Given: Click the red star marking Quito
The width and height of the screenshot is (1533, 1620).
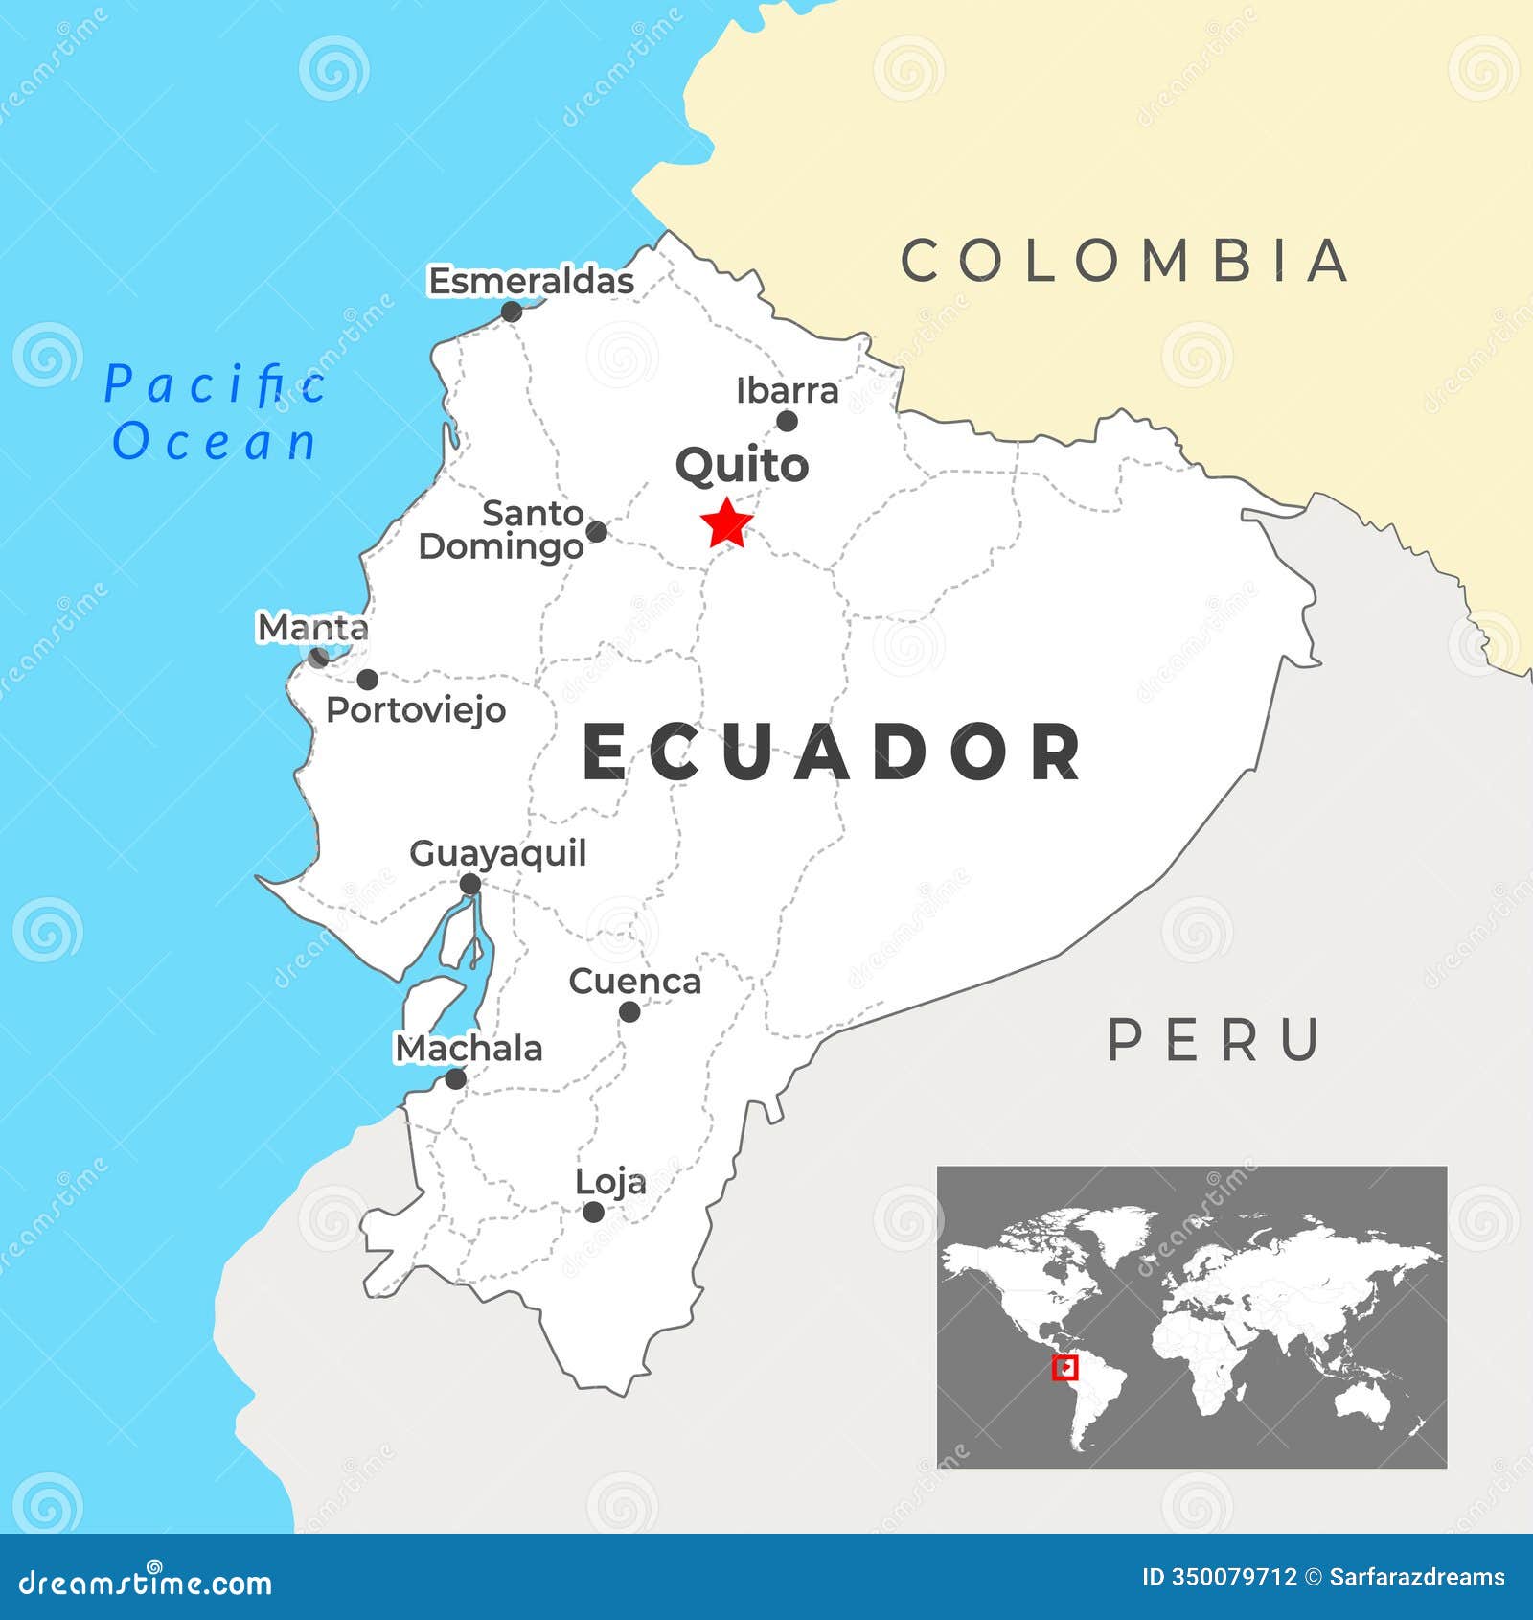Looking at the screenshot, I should [x=726, y=523].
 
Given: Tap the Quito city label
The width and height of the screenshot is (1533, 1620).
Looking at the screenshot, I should [x=742, y=466].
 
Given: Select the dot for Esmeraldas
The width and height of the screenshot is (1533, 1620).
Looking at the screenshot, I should [x=512, y=312].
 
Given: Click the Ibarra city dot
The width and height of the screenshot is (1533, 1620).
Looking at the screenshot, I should [x=787, y=421].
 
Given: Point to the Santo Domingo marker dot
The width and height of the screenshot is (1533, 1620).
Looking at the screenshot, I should [x=596, y=531].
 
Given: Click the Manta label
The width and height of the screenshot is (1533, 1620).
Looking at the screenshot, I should [x=312, y=628].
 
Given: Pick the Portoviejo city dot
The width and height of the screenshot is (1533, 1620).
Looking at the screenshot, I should [x=367, y=680].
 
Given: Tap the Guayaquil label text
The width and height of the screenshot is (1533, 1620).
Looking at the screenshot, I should [x=497, y=853].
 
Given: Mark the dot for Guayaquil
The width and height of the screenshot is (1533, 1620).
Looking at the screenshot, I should [x=469, y=884].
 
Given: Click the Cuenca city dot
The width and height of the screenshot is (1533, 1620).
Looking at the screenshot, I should [x=629, y=1011].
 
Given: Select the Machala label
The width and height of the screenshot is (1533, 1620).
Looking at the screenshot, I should [x=469, y=1049].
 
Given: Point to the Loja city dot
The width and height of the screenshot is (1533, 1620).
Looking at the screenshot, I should [x=594, y=1212].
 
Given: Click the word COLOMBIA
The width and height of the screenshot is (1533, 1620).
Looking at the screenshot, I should [x=1125, y=261].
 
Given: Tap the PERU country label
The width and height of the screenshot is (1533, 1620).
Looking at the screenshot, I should [x=1214, y=1040].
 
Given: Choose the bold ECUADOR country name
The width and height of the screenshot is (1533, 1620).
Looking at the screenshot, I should [x=832, y=752].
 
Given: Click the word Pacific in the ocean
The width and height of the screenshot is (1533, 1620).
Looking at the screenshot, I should [x=215, y=384].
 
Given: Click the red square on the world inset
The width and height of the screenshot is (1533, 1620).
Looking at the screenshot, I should [x=1064, y=1368].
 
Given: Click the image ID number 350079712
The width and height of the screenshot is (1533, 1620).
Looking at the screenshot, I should [x=1234, y=1577].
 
